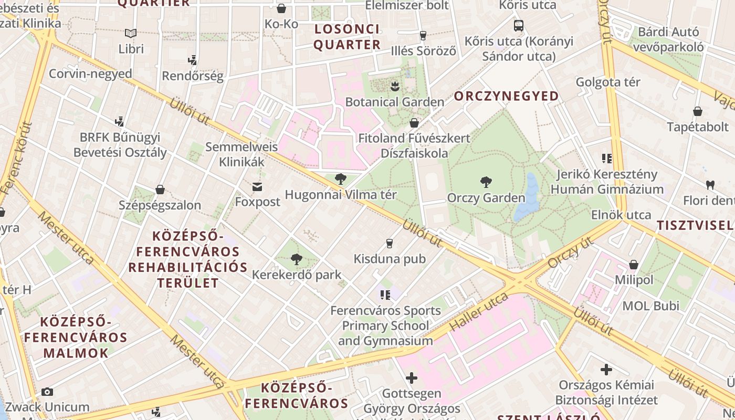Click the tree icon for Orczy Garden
click(486, 182)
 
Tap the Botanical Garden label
click(394, 102)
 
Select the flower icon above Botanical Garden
click(395, 86)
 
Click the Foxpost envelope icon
click(257, 186)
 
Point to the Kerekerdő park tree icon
click(297, 259)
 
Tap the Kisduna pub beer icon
click(389, 243)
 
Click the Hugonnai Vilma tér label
click(340, 195)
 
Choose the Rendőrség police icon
click(193, 60)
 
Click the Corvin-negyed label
click(90, 73)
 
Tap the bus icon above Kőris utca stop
click(519, 25)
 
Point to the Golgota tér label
click(608, 82)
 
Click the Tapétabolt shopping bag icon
click(698, 111)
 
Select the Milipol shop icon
click(634, 265)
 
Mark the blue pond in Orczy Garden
click(527, 198)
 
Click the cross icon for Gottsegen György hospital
click(412, 377)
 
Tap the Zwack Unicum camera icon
click(47, 392)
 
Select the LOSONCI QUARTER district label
click(346, 37)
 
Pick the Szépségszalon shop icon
click(160, 190)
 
